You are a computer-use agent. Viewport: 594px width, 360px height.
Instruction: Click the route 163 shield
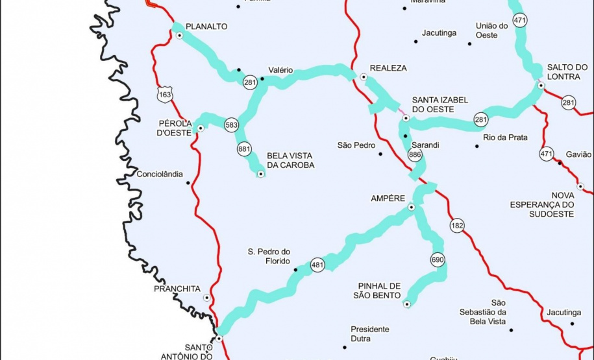point(165,95)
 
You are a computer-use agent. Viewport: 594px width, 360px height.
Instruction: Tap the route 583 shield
point(232,125)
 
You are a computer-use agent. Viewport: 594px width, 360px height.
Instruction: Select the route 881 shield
point(244,149)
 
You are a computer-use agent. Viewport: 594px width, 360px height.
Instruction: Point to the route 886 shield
point(415,155)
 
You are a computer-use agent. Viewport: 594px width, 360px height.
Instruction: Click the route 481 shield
point(317,265)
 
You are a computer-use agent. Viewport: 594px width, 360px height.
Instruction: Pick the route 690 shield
point(438,260)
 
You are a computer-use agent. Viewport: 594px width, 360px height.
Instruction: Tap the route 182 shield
point(457,226)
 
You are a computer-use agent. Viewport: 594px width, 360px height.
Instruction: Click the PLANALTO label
point(206,27)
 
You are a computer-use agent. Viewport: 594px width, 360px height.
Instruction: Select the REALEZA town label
point(388,68)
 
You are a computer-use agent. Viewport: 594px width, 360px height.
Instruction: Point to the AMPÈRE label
point(388,198)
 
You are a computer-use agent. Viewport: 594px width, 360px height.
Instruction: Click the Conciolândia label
point(160,174)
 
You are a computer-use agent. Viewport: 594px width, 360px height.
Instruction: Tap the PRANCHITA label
point(177,289)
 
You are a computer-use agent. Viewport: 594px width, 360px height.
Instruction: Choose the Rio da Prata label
point(505,138)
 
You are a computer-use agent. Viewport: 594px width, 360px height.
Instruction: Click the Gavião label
point(578,154)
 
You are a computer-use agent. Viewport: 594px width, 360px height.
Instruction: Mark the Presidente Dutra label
point(370,333)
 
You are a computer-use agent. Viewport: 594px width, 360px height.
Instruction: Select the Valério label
point(280,70)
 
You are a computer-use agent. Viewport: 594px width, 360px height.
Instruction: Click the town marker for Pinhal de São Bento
point(407,304)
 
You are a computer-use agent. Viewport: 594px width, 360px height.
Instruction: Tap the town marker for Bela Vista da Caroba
point(261,174)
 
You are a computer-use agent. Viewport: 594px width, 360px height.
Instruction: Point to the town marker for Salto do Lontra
point(541,85)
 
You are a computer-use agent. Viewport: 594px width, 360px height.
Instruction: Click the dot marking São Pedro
point(381,154)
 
